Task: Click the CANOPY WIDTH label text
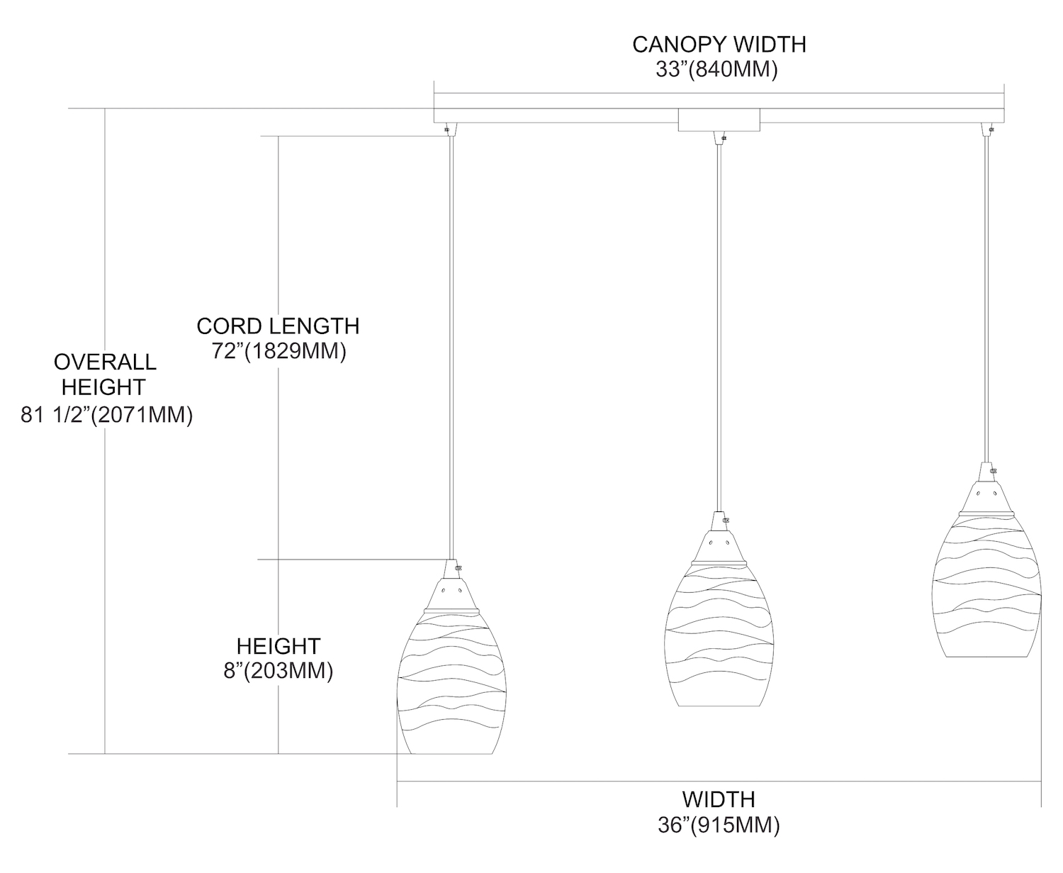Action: [x=719, y=44]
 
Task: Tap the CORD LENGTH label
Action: [x=278, y=326]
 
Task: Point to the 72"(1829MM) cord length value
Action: [x=279, y=352]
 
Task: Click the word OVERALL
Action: [x=105, y=362]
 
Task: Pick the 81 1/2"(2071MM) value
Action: [x=106, y=415]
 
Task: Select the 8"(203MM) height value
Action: [x=279, y=671]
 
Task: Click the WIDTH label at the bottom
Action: [x=718, y=799]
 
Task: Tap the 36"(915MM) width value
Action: [x=719, y=825]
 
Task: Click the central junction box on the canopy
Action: [x=719, y=120]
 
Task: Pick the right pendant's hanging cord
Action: [x=986, y=298]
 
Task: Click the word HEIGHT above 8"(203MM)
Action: [x=279, y=646]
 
